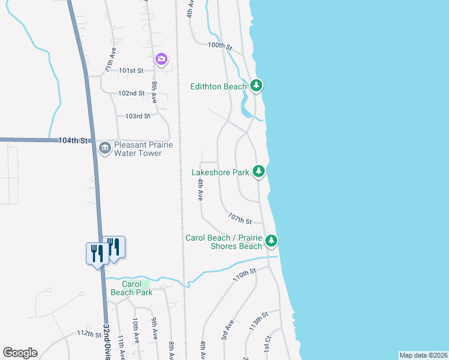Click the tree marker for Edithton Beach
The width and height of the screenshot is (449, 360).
(256, 86)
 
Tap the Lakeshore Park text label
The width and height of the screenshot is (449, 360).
(220, 172)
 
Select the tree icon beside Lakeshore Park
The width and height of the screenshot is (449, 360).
(259, 172)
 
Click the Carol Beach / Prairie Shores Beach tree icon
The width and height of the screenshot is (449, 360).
(272, 241)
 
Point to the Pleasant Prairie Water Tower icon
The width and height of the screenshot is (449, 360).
(105, 148)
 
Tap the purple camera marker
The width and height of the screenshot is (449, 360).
(161, 59)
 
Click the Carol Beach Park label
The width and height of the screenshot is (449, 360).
(131, 288)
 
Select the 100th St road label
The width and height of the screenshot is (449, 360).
(220, 45)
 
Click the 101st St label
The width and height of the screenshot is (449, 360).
(131, 70)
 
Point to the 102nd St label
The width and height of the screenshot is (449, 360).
(131, 93)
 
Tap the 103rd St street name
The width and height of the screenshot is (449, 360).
(137, 116)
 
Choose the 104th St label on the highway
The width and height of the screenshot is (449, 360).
(73, 140)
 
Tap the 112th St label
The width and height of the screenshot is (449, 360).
(89, 334)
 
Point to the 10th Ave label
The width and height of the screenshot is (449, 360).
(137, 331)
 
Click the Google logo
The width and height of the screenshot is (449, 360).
(20, 353)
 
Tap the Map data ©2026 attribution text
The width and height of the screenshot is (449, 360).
(424, 355)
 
